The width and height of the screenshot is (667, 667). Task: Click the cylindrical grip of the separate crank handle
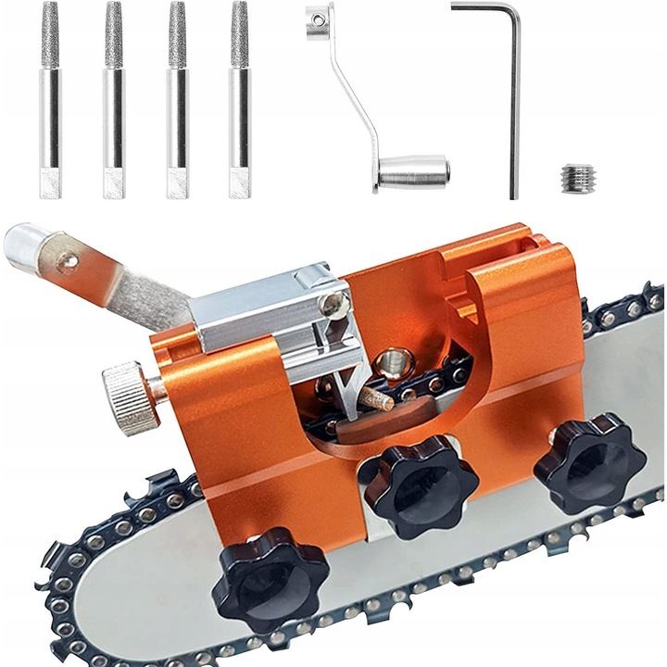(x=416, y=170)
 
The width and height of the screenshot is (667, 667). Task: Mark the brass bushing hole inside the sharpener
(x=393, y=356)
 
